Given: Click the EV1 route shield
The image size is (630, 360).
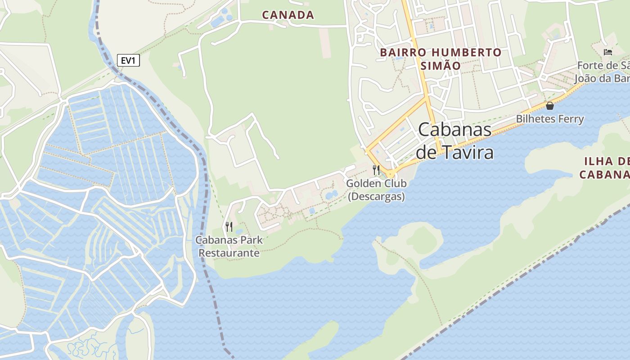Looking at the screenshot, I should (x=128, y=60).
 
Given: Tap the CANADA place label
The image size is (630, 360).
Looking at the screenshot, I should (x=288, y=15).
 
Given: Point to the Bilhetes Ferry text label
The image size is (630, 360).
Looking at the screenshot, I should (x=550, y=119).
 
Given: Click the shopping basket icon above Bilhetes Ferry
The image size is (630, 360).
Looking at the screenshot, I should (x=549, y=106).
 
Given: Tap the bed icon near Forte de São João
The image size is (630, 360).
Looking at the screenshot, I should (x=608, y=52).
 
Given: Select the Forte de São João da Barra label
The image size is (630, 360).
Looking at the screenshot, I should (x=603, y=72).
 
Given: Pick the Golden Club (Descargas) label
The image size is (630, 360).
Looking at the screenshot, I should (x=376, y=190).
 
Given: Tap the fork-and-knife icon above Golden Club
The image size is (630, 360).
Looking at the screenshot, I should (x=376, y=170).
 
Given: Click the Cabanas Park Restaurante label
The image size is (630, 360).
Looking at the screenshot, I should (x=229, y=247).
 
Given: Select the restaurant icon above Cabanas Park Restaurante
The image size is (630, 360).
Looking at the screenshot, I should (x=229, y=226).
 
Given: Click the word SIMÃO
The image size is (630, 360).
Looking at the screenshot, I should (x=441, y=66).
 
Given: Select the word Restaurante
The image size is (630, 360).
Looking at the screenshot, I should (x=229, y=253).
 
